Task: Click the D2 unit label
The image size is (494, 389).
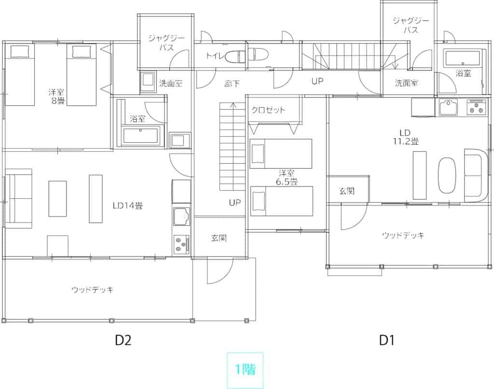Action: point(123,340)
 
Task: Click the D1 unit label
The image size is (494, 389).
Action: point(386,340)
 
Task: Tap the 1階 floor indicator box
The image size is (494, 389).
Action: point(245,370)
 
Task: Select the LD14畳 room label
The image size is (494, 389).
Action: point(127,206)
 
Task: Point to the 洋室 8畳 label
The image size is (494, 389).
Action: point(57,97)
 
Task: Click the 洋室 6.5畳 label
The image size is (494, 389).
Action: point(287,178)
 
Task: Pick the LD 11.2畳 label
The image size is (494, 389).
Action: point(405,137)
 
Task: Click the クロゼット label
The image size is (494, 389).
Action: point(268,110)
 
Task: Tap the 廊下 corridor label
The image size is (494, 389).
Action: point(232,83)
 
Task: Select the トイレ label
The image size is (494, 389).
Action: point(215,56)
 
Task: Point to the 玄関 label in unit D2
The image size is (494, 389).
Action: point(219,237)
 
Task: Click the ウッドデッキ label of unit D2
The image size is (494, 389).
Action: point(92,290)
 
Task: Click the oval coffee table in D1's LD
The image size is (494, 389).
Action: point(447,175)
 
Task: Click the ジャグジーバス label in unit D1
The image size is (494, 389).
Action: point(411,25)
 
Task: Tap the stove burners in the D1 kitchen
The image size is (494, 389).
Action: point(476,107)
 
